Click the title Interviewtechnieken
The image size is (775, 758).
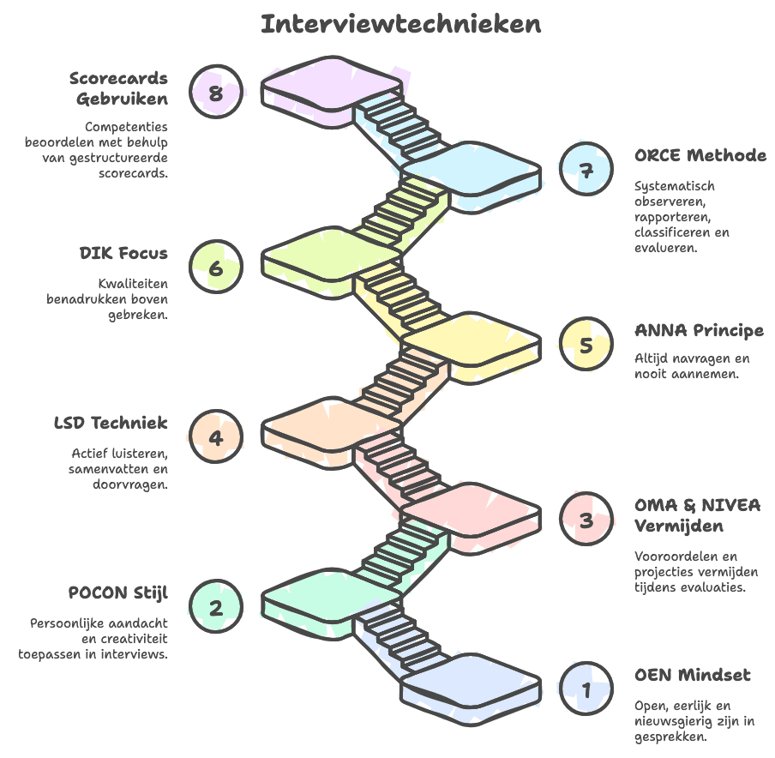click(400, 24)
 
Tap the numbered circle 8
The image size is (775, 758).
click(216, 91)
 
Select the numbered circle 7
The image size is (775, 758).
click(586, 170)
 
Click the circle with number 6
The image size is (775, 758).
click(216, 268)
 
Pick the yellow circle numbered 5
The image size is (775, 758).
click(586, 345)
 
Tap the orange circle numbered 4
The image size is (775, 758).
click(216, 437)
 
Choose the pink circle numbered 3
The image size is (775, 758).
click(586, 520)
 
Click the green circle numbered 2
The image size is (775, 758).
click(216, 607)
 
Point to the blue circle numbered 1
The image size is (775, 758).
click(586, 689)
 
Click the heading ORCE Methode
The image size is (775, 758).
click(700, 156)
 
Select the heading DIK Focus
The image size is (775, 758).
click(123, 254)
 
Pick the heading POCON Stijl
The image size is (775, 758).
click(118, 593)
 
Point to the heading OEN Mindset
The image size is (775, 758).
click(693, 676)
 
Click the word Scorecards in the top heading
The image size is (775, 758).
click(118, 79)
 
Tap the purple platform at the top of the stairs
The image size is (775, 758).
click(329, 82)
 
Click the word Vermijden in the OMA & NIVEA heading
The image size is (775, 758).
click(678, 525)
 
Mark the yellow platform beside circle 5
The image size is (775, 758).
click(470, 338)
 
